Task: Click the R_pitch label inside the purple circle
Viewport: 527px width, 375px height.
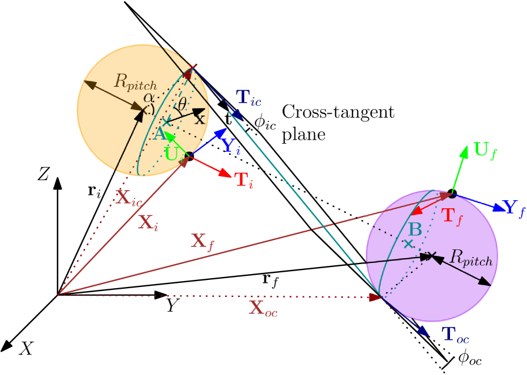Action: pyautogui.click(x=471, y=258)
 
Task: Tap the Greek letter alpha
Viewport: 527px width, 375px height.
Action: pyautogui.click(x=149, y=97)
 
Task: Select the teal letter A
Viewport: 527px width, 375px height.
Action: pyautogui.click(x=159, y=134)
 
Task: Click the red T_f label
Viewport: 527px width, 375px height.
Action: pyautogui.click(x=452, y=217)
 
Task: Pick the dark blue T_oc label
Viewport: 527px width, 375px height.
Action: pyautogui.click(x=455, y=335)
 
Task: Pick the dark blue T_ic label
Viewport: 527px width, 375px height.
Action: pyautogui.click(x=248, y=97)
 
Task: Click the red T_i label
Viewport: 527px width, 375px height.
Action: pyautogui.click(x=244, y=180)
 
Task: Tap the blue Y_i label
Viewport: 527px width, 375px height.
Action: pyautogui.click(x=230, y=146)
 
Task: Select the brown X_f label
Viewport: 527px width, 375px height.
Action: pyautogui.click(x=203, y=241)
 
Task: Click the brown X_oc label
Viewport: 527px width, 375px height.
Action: pyautogui.click(x=263, y=309)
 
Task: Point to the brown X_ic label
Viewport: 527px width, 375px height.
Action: pyautogui.click(x=129, y=198)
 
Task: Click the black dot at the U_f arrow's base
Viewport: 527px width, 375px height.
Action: pyautogui.click(x=452, y=194)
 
